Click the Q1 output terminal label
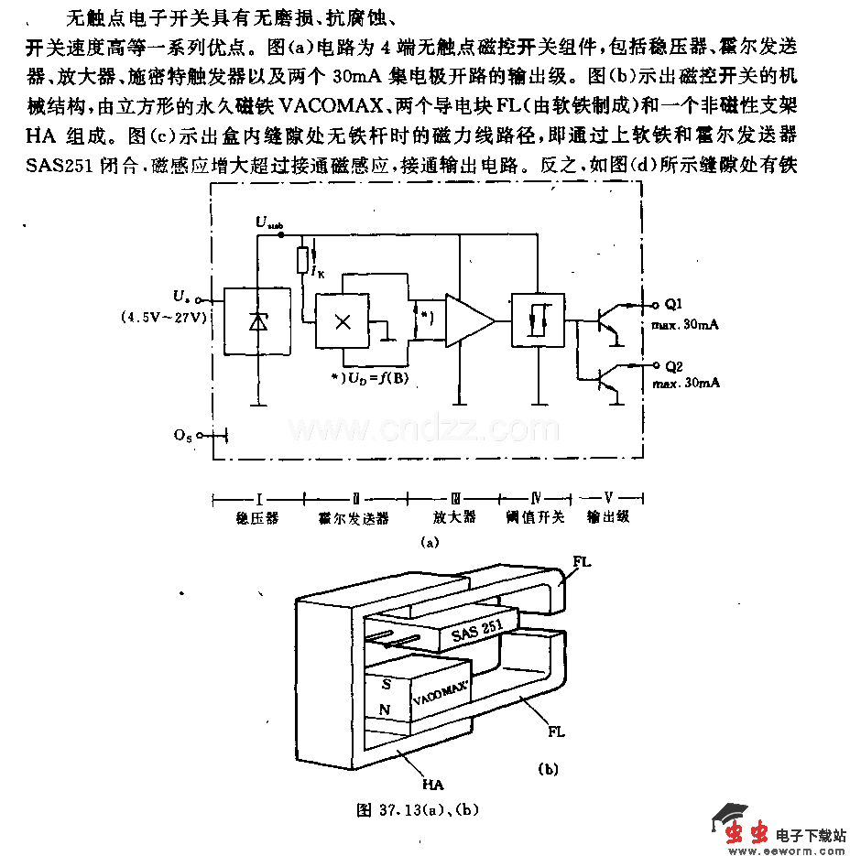pos(671,304)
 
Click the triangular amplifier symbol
pos(468,320)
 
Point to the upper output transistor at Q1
pos(606,320)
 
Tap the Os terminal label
pos(182,436)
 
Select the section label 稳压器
pos(257,518)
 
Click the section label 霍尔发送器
pos(354,518)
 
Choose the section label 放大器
pos(456,517)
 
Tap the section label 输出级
pos(608,517)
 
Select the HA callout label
pos(432,785)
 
